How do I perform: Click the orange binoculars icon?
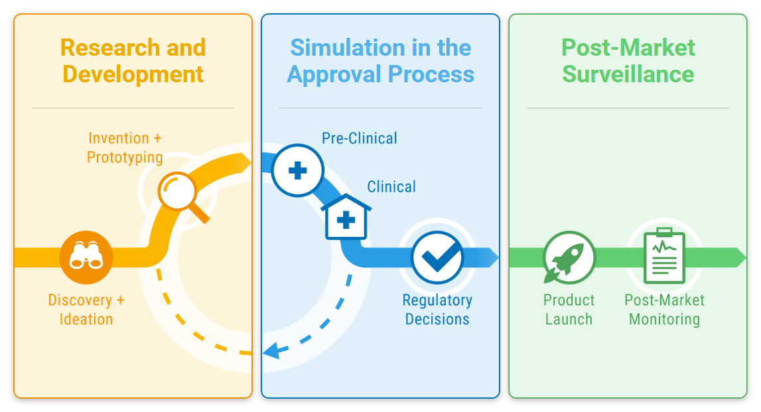click(86, 257)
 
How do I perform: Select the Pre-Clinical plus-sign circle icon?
click(297, 171)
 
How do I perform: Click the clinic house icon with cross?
click(346, 217)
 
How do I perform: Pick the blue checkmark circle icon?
click(437, 257)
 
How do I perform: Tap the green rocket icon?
click(569, 257)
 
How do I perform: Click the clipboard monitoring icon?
click(664, 255)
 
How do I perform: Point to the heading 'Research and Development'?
click(133, 60)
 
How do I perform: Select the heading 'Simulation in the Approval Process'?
click(381, 60)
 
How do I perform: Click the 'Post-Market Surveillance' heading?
click(628, 60)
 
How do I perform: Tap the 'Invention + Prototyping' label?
click(125, 148)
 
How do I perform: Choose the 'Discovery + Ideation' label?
click(86, 310)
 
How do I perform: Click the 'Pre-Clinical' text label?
click(360, 138)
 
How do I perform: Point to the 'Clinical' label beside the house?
click(391, 187)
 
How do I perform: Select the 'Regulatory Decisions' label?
click(437, 310)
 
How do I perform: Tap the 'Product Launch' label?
click(569, 310)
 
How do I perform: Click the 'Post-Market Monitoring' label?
click(664, 310)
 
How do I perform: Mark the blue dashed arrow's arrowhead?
click(271, 350)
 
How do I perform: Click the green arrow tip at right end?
click(746, 257)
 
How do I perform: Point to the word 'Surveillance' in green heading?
click(628, 74)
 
